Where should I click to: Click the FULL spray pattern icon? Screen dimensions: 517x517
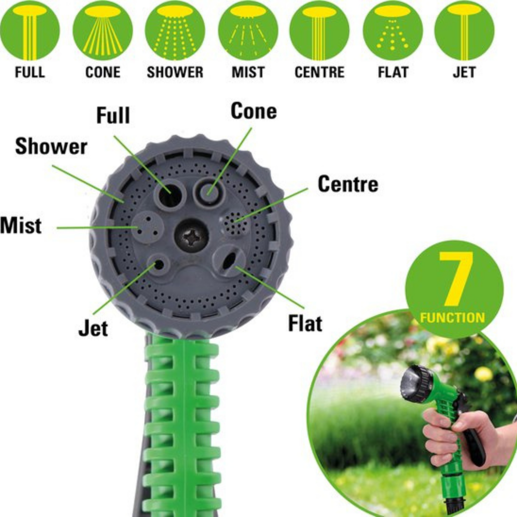30,31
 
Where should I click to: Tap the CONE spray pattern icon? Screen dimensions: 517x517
103,31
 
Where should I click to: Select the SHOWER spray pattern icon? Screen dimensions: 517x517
175,31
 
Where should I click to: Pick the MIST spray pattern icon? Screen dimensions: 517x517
248,31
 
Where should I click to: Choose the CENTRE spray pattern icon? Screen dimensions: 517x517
320,31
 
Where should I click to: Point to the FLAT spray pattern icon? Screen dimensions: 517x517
393,31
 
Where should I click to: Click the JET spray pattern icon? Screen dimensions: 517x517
464,31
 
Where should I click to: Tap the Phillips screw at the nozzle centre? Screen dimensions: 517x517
192,235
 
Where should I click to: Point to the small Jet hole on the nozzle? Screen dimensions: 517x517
159,265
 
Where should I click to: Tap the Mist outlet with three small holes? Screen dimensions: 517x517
147,227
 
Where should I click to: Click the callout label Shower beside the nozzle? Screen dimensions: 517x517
51,147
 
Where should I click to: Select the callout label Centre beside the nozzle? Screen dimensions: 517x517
348,184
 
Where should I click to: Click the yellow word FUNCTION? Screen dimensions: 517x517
452,318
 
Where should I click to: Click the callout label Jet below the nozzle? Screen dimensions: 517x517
93,329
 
